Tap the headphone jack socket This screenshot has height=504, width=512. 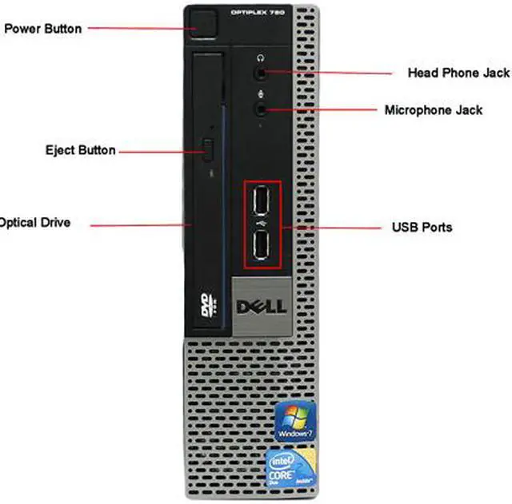262,72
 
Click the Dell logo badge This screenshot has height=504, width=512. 262,307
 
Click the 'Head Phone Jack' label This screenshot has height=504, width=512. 458,73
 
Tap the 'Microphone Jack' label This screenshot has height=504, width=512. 433,110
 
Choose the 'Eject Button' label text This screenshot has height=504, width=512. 80,150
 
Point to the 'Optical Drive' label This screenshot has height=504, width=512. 35,223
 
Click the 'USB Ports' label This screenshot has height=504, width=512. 422,227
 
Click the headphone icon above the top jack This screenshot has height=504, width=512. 261,58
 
